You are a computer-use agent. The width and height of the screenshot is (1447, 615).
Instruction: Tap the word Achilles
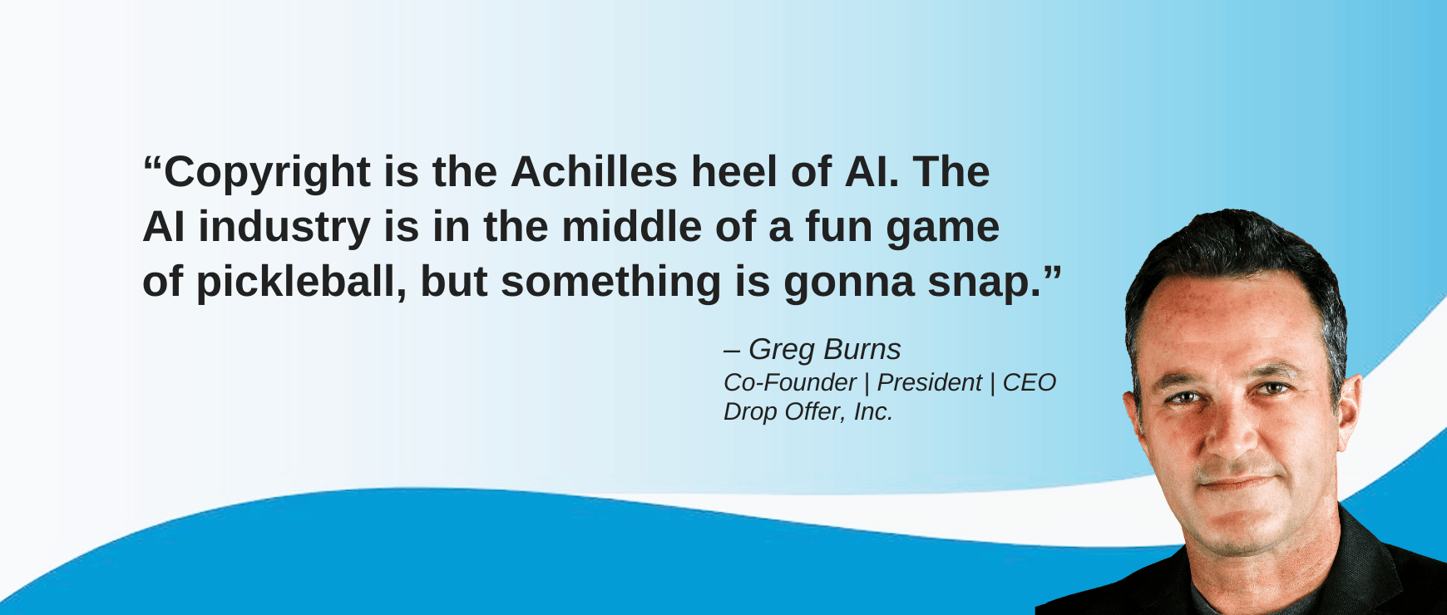click(x=594, y=172)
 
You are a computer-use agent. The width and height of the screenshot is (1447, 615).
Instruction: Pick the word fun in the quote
click(x=838, y=227)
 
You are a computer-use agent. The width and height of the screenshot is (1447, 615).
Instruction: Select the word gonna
click(x=848, y=286)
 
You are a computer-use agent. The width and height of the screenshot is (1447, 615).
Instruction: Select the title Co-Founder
click(x=790, y=382)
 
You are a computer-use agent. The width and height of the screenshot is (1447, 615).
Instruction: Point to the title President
click(x=930, y=382)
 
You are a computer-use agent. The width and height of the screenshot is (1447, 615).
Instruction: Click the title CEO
click(x=1030, y=382)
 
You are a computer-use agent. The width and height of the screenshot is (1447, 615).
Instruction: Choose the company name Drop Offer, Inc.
click(x=808, y=411)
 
